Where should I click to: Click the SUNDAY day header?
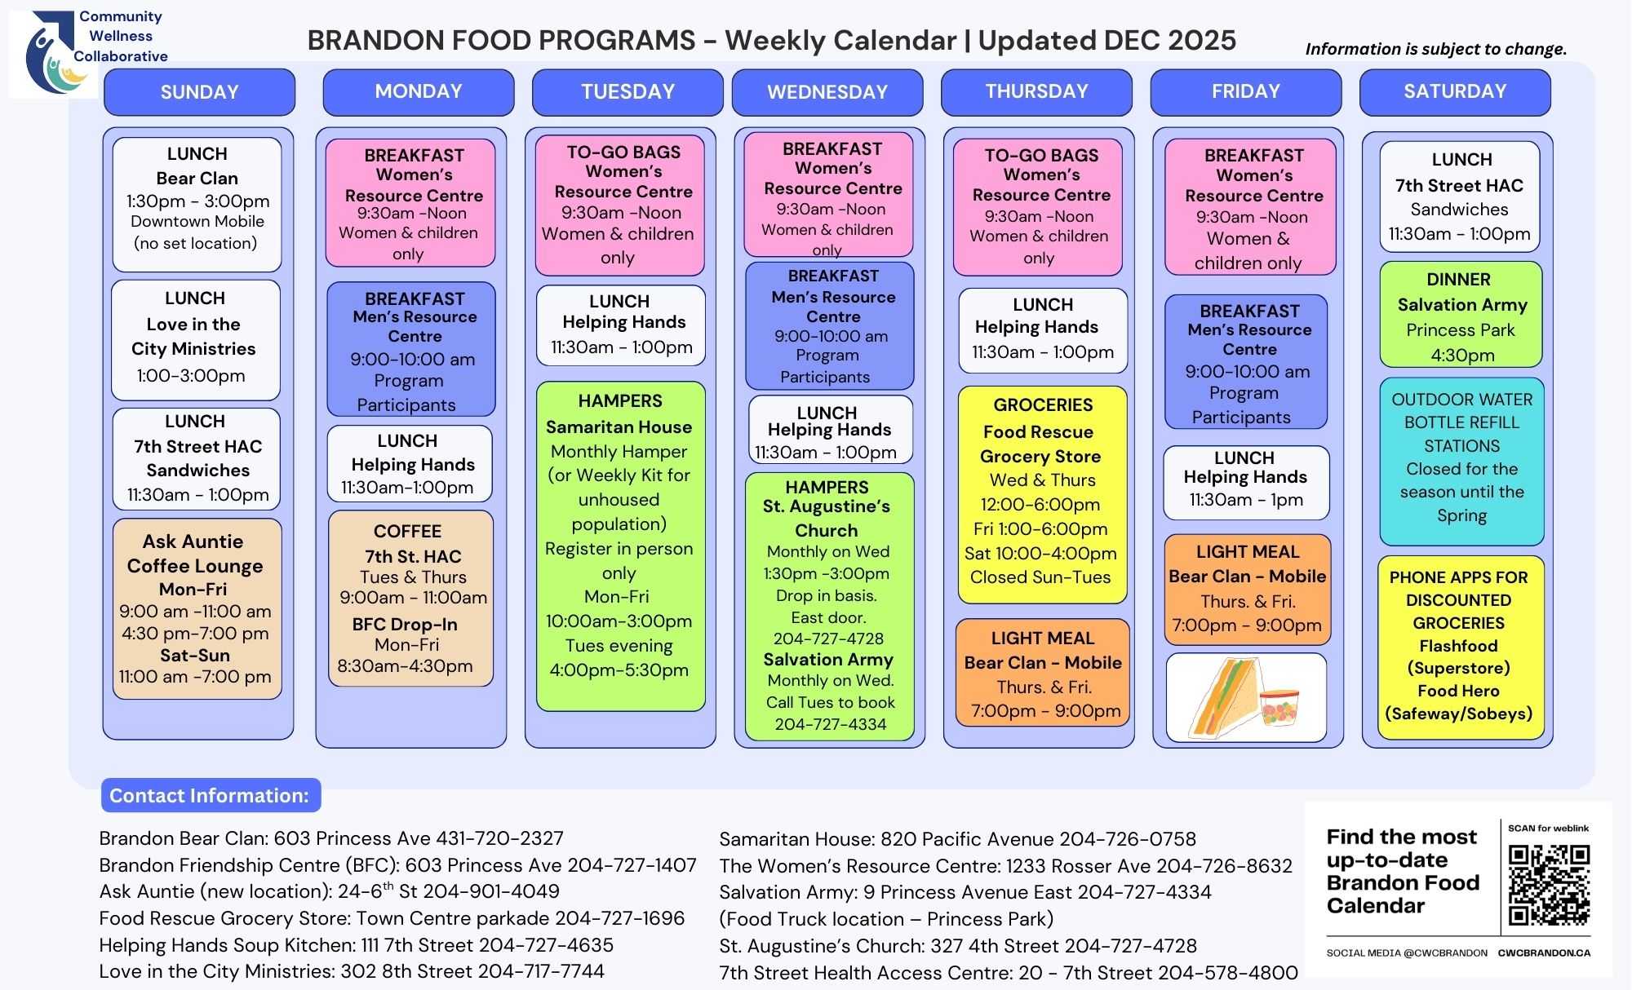click(199, 92)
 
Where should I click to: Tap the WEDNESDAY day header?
click(827, 92)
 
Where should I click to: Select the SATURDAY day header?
click(1455, 92)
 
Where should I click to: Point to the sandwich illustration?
click(1246, 698)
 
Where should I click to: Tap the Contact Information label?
click(211, 795)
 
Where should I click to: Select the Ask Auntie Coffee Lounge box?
click(197, 609)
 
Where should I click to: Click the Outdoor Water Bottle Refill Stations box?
click(1461, 462)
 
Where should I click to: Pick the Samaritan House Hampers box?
click(620, 546)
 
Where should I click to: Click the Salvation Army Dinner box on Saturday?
click(1461, 315)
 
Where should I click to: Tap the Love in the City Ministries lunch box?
click(195, 339)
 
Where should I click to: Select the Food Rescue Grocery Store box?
click(1042, 495)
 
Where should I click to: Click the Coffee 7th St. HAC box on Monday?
click(410, 599)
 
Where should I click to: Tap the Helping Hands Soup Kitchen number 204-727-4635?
click(546, 945)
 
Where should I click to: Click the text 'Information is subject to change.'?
click(1436, 49)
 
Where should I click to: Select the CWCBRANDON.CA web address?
click(1544, 952)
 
